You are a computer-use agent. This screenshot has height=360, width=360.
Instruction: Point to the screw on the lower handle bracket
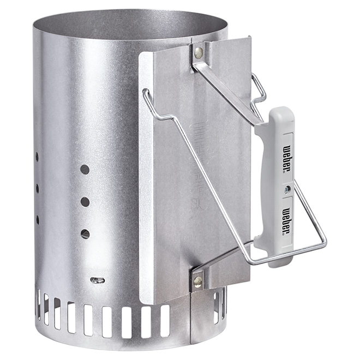click(x=197, y=281)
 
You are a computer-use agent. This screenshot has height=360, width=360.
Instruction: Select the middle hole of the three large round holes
click(x=85, y=202)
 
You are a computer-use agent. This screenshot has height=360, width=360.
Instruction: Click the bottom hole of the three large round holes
click(x=85, y=234)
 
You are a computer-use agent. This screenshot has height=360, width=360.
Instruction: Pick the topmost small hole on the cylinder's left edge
click(x=37, y=157)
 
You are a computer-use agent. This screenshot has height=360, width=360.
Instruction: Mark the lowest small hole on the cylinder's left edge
click(x=38, y=219)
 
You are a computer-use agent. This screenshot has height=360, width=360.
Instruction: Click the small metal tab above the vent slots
click(x=97, y=280)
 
